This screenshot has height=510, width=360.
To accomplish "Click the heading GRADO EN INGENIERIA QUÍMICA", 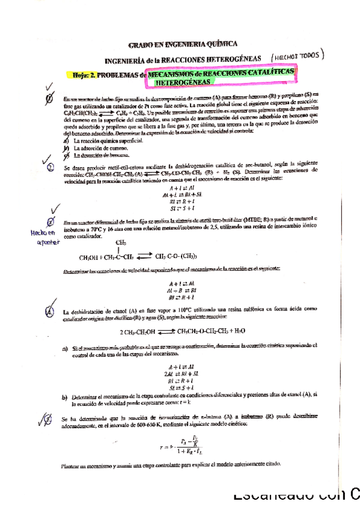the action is (x=183, y=43).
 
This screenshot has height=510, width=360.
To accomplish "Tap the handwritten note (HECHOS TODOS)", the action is (x=297, y=55).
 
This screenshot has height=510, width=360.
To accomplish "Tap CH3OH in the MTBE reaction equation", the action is (x=90, y=257).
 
